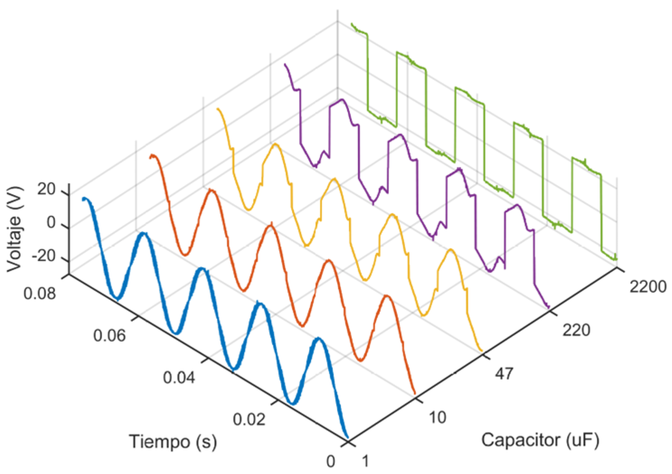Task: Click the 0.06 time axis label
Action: point(109,335)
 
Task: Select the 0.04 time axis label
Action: point(179,377)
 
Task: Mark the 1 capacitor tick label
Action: point(365,461)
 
